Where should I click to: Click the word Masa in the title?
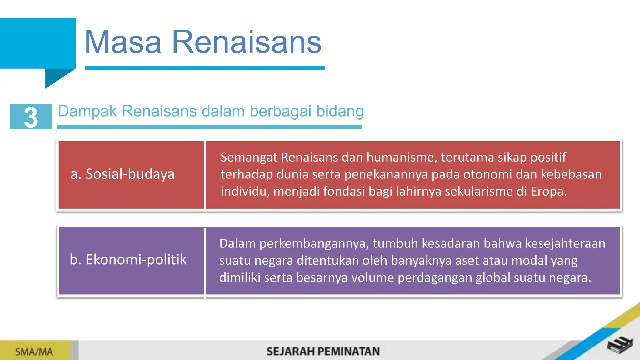click(x=123, y=42)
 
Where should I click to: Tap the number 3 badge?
click(x=31, y=117)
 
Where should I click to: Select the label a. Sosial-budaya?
click(x=122, y=174)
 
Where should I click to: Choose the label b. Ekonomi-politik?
click(x=128, y=260)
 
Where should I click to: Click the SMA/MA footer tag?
click(x=34, y=352)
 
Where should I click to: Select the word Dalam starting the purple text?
click(x=237, y=243)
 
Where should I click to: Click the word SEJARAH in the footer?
click(x=290, y=352)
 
